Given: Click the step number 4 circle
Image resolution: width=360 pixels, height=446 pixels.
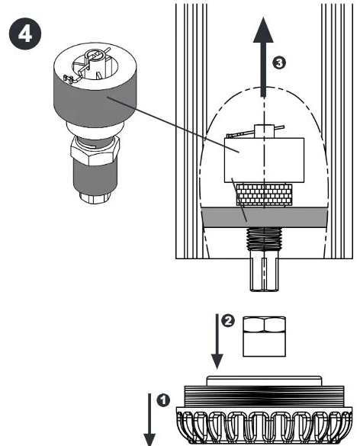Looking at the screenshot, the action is point(25,34).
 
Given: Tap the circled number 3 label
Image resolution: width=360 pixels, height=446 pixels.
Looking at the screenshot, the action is point(279,63).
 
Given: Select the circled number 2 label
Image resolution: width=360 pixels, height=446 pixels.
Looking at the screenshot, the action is point(228,321).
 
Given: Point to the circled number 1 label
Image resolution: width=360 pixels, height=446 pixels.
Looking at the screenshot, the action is point(163,400).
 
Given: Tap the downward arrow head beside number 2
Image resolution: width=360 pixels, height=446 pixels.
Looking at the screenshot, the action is point(217,361).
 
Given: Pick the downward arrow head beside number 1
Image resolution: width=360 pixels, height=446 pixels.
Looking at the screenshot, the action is point(149,439).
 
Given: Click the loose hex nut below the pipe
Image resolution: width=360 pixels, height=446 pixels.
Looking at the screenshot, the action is point(264,336).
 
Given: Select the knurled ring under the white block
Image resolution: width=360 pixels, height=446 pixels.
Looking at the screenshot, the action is point(265,194).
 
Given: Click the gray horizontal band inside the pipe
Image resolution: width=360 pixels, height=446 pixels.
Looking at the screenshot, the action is point(265,217).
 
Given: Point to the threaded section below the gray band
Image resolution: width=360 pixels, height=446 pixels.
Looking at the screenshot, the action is point(265,239).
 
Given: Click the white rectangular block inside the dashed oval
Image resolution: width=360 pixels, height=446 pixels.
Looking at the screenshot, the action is point(265,160).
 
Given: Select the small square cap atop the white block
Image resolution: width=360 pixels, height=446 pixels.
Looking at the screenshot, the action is point(265,131).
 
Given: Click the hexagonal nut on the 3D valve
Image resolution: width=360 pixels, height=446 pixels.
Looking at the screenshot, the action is point(95,151).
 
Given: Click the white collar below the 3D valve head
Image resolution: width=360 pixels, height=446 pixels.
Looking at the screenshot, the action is point(95,130).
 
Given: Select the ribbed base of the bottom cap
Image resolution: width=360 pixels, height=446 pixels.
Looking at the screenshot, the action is point(265,425).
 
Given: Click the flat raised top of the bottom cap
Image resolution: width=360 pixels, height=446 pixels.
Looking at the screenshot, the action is point(265,381).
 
